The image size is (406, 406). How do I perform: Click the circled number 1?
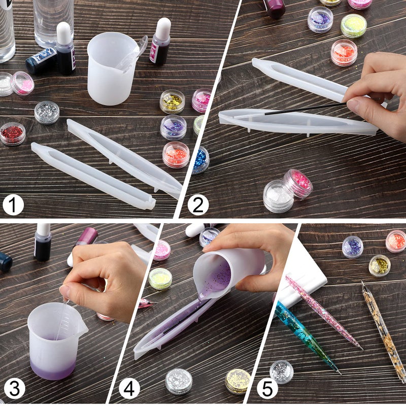(x=13, y=206)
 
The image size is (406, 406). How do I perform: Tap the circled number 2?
(x=198, y=206)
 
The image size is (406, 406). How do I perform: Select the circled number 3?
(x=14, y=389)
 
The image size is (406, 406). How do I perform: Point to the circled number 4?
(x=129, y=389)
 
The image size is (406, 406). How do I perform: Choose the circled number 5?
(x=267, y=389)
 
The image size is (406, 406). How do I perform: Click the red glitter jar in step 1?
(x=13, y=133)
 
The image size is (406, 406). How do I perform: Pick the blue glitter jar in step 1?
(x=201, y=159)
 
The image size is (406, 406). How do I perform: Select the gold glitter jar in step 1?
(x=173, y=101)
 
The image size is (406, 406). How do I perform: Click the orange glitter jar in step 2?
(x=344, y=52)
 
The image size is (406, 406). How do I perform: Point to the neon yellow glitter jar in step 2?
(x=353, y=25)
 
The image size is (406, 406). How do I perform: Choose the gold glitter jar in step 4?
(x=238, y=381)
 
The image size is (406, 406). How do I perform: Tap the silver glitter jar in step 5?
(x=281, y=371)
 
